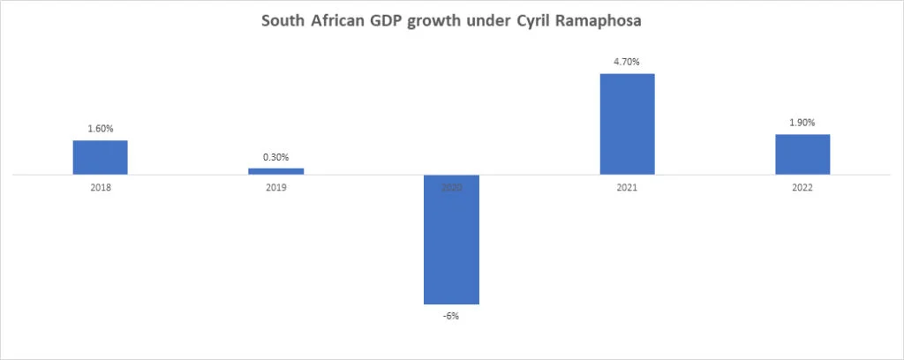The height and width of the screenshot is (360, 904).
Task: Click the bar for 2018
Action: point(100,157)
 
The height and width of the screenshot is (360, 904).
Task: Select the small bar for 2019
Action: point(275,171)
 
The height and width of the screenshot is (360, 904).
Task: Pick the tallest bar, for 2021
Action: point(627,124)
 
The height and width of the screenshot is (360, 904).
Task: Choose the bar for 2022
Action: point(802,154)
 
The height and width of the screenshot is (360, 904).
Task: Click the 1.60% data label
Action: point(100,129)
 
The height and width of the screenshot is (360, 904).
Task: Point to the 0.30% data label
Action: point(275,157)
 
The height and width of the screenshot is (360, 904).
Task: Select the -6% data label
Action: point(451,316)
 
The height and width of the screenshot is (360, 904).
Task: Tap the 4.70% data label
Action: point(627,62)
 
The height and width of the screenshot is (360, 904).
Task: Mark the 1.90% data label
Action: point(802,123)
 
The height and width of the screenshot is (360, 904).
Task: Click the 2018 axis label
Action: point(100,188)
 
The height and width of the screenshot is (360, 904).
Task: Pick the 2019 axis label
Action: point(275,188)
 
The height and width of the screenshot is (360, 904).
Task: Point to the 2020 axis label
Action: point(451,188)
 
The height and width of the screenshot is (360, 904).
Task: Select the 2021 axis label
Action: point(627,188)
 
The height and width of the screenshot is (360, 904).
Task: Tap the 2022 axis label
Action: point(802,188)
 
